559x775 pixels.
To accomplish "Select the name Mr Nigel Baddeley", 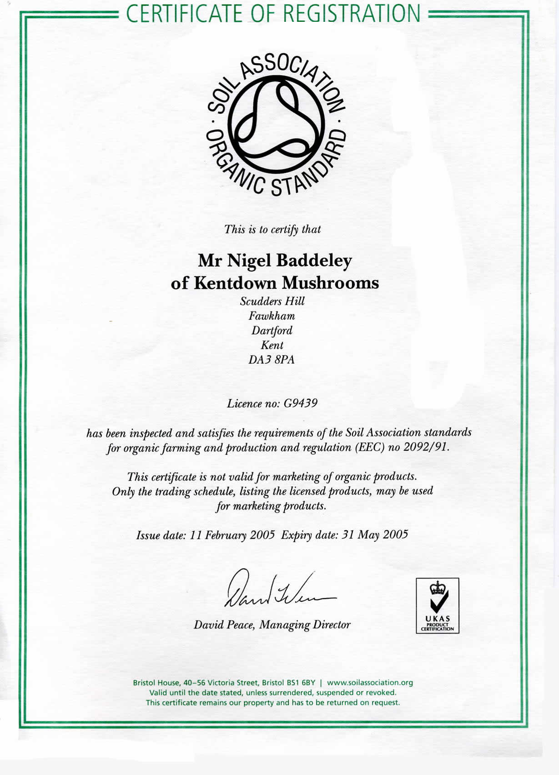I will point(275,261).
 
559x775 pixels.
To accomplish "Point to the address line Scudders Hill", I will point(272,301).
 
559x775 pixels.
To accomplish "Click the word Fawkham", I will point(272,316).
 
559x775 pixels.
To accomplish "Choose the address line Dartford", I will point(272,330).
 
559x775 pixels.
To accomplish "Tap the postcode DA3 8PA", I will point(272,360).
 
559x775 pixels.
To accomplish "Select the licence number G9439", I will point(300,403).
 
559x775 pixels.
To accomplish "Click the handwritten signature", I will point(278,589).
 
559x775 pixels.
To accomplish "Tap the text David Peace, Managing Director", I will point(272,624).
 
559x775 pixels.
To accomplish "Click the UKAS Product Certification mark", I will point(438,605).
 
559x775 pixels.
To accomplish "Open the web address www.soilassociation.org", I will point(370,683).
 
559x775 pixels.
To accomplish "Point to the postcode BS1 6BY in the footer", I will point(300,683).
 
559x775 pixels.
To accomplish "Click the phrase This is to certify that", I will point(272,229).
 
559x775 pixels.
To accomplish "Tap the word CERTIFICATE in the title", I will point(185,13).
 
